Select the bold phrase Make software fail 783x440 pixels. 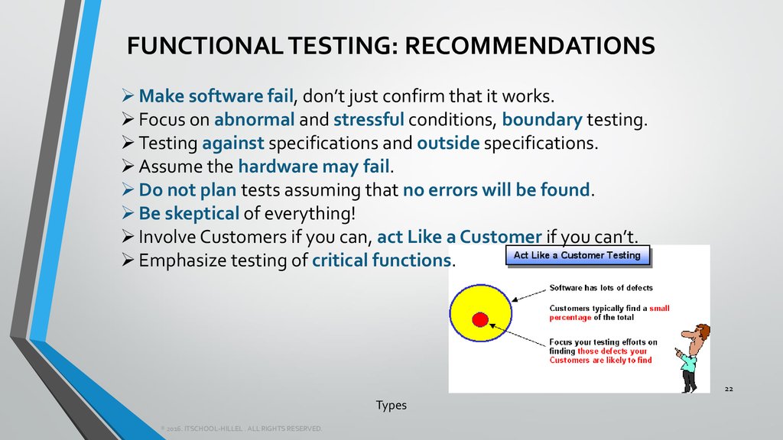pos(216,96)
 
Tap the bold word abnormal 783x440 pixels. pos(254,120)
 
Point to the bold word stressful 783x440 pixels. pos(369,120)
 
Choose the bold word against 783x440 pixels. pos(233,143)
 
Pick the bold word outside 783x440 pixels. pos(448,143)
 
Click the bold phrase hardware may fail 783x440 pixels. pos(314,167)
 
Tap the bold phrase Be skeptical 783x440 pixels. pos(189,213)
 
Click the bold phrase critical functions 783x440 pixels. pos(382,260)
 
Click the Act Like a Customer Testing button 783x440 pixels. pos(577,255)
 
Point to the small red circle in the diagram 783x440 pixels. pos(480,319)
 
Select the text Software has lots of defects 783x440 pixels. pos(601,288)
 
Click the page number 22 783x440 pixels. pos(728,390)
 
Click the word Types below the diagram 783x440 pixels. pos(391,406)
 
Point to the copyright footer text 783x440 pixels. pos(242,429)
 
